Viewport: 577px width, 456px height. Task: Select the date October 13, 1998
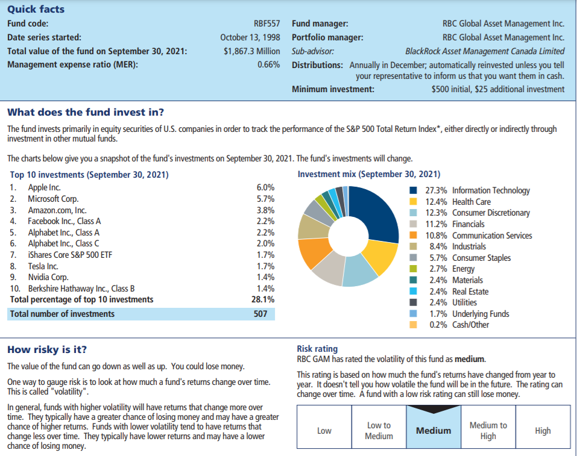[250, 38]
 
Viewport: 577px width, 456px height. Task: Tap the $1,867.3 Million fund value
[251, 51]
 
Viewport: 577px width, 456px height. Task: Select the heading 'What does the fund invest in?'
[85, 113]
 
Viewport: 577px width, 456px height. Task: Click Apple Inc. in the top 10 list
[45, 188]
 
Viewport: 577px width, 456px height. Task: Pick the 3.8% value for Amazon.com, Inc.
[266, 210]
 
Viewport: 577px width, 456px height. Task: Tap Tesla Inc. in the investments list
[43, 266]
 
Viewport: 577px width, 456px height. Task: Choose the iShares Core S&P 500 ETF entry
[70, 255]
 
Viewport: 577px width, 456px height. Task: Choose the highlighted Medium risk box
[434, 430]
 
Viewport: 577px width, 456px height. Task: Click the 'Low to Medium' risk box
[379, 430]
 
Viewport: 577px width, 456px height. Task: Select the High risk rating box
[543, 430]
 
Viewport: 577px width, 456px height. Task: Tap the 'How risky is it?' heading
[47, 349]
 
